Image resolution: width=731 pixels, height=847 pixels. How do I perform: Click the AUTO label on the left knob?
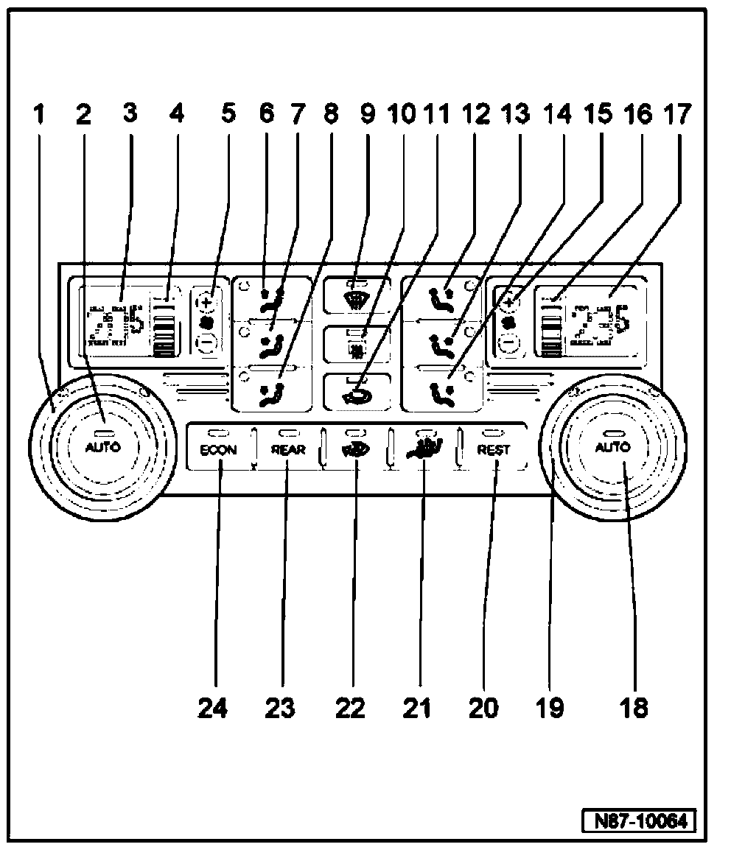click(103, 447)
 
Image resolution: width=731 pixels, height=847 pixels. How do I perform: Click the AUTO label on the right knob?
click(612, 447)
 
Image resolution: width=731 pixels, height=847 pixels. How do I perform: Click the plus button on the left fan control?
click(207, 301)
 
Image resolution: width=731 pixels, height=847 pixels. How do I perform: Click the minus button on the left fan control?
click(207, 342)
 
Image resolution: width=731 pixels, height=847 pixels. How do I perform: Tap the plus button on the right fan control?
click(508, 301)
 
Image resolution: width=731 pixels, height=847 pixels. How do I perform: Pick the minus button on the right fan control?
click(507, 342)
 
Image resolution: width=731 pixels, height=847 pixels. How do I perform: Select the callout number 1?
click(40, 114)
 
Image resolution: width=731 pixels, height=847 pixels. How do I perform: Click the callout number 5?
click(228, 114)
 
